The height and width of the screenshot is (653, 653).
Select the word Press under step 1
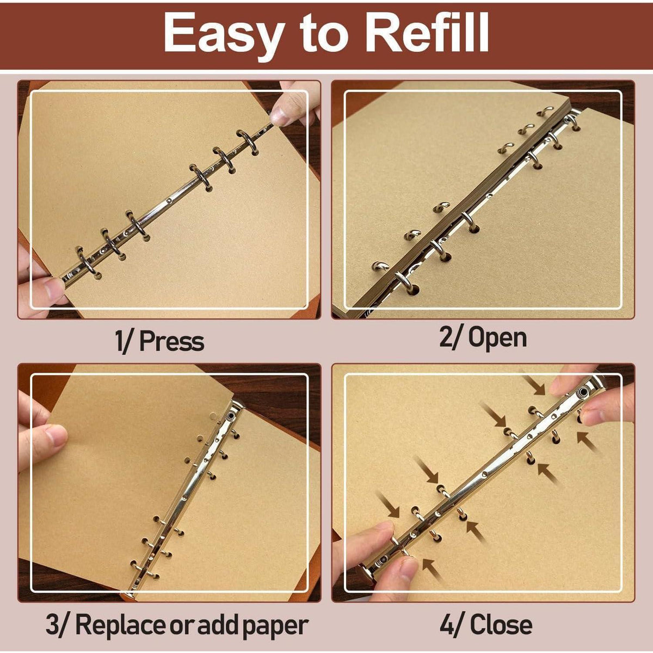171,341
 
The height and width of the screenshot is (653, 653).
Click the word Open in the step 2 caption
497,338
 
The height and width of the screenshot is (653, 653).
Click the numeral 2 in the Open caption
446,337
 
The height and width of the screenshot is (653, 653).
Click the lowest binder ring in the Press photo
87,260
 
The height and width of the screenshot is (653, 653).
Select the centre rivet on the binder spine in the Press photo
168,201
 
